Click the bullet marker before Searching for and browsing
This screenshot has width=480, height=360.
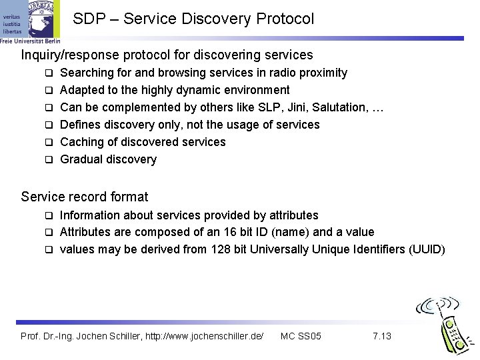pos(49,73)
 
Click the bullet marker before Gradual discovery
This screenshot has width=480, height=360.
pos(49,159)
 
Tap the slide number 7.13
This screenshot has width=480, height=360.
pos(382,336)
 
